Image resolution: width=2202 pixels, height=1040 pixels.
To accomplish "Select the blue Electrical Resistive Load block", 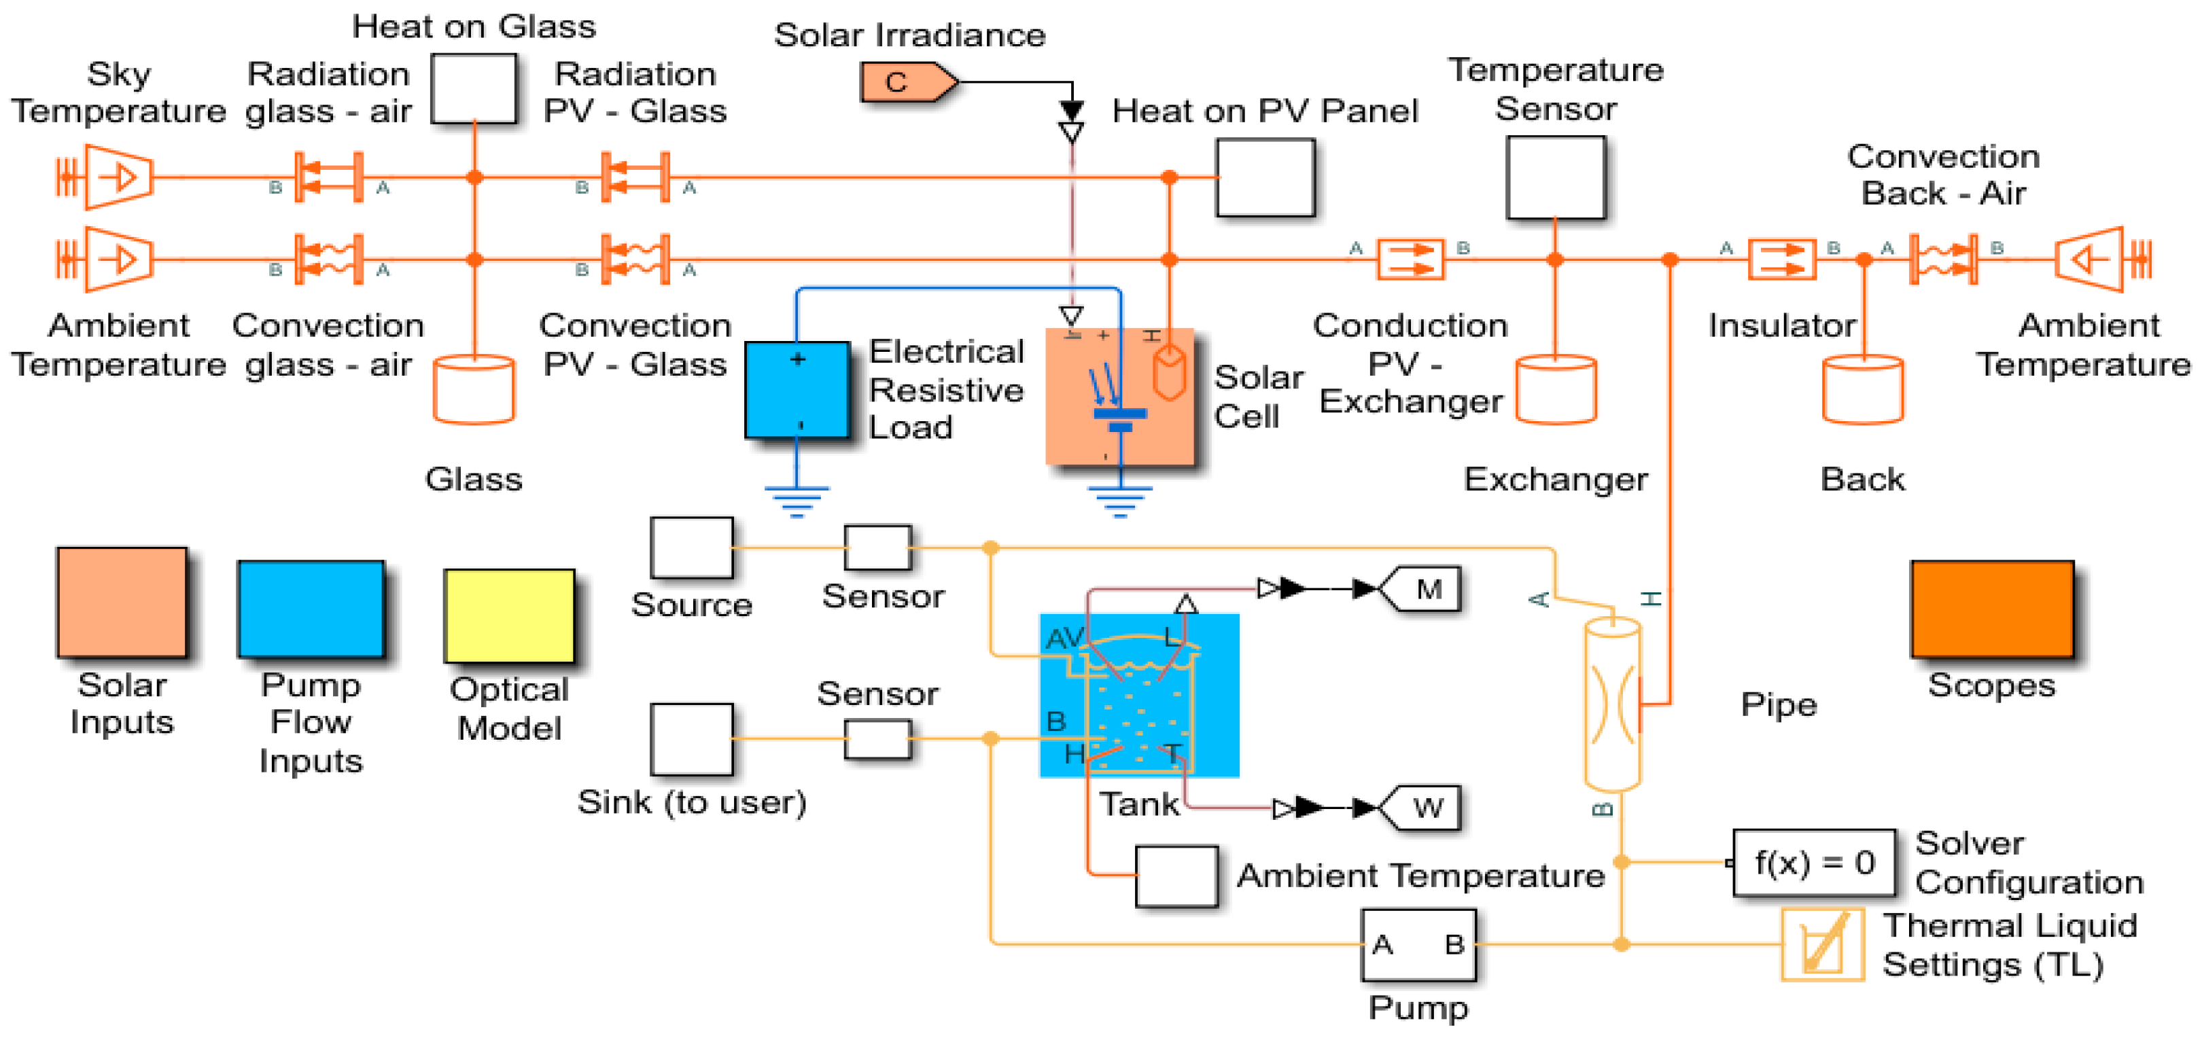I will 797,390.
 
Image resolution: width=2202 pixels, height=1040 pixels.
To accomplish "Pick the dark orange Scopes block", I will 1992,609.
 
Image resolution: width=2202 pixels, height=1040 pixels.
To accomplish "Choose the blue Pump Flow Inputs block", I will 311,609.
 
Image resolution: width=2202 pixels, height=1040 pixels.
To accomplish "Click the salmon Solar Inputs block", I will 122,603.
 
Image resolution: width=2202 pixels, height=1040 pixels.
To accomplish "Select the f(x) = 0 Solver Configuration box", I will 1813,862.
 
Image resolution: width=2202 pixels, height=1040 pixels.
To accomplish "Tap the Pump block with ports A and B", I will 1418,944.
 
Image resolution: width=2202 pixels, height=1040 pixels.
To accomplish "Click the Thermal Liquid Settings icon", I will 1823,944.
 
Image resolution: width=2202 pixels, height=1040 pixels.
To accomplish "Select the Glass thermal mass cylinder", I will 474,390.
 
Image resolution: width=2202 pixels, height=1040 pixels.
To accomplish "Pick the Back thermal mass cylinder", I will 1863,390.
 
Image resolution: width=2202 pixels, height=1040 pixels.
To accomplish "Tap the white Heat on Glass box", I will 474,89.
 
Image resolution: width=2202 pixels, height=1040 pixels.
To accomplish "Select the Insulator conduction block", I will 1781,259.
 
